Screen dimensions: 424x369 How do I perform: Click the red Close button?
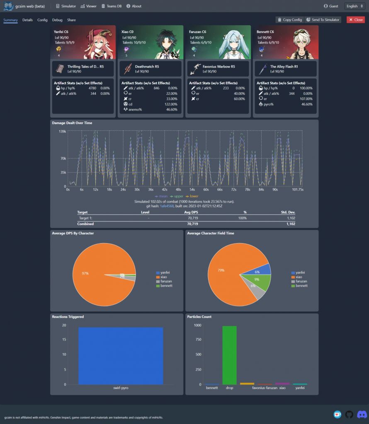[x=356, y=20]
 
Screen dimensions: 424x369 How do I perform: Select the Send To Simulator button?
[x=323, y=20]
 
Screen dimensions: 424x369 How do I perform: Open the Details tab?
[x=28, y=20]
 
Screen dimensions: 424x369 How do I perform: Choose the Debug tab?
[x=57, y=20]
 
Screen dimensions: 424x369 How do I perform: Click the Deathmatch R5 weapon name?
[x=147, y=66]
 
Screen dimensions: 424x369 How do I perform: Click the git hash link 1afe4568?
[x=166, y=206]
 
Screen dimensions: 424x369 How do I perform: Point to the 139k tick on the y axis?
[x=63, y=131]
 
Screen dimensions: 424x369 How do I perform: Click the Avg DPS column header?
[x=190, y=212]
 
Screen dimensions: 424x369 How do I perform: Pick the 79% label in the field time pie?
[x=221, y=270]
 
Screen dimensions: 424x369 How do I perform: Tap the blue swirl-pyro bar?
[x=121, y=356]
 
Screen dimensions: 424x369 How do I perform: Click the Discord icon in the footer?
[x=362, y=414]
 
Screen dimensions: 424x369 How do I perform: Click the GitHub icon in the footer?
[x=349, y=414]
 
